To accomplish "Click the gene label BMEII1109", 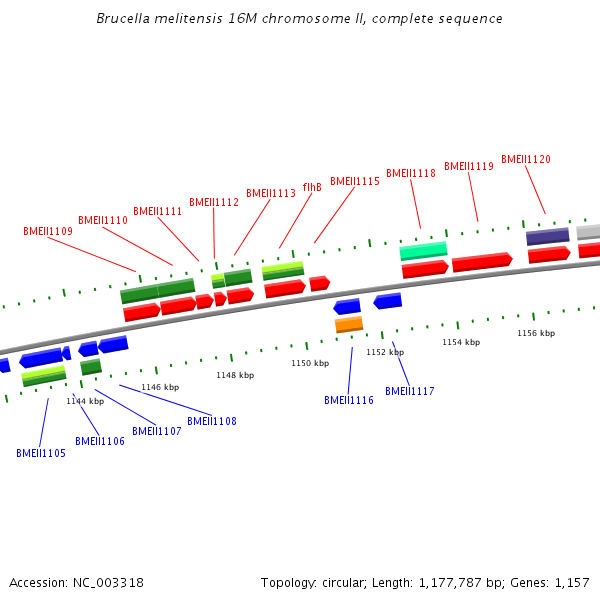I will tap(48, 231).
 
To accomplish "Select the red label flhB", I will tap(312, 187).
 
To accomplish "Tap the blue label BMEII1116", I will tap(349, 400).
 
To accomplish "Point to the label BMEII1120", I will tap(526, 159).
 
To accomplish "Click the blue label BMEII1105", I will tap(41, 453).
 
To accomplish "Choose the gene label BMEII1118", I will tap(411, 173).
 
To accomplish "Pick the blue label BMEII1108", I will tap(212, 421).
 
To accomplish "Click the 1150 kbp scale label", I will tap(310, 363).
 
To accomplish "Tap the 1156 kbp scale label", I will tap(536, 333).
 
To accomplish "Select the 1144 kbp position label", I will tap(85, 401).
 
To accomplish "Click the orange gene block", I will tap(349, 325).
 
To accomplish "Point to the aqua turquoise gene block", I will tap(423, 251).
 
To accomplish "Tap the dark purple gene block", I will tap(547, 237).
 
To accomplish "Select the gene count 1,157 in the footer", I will tap(572, 582).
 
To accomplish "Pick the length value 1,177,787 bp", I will tap(479, 582).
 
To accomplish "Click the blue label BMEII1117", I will tap(410, 391).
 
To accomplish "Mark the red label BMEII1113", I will tap(271, 193).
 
